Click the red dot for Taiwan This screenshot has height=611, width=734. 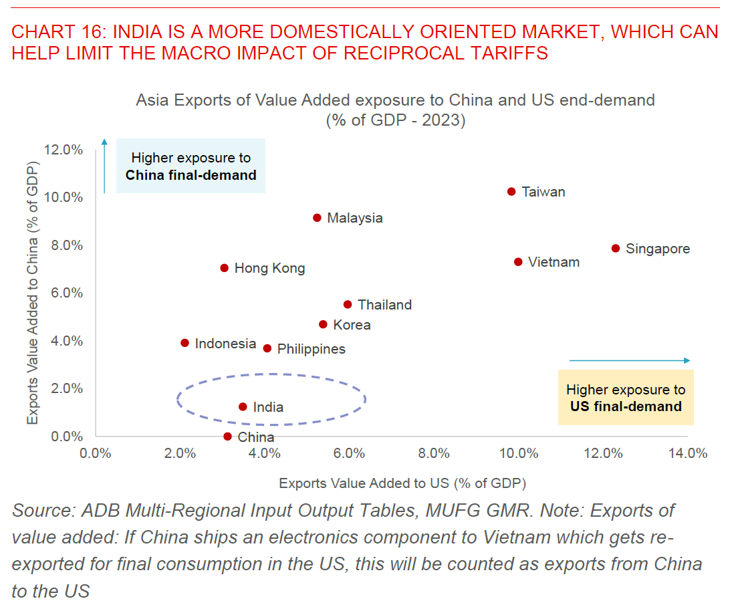(x=511, y=191)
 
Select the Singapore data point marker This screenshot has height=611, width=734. (x=616, y=248)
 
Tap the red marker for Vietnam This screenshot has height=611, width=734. (x=518, y=262)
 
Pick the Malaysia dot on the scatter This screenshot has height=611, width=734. (x=317, y=218)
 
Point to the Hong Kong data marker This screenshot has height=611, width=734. (x=224, y=268)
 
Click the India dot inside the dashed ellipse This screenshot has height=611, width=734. (x=243, y=406)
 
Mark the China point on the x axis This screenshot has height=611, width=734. (x=227, y=437)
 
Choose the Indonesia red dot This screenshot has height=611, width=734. (x=185, y=343)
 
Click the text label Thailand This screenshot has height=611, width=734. (x=384, y=305)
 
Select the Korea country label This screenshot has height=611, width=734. (x=352, y=325)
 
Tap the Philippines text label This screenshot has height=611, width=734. (x=311, y=349)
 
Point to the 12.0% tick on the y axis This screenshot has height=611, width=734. (x=64, y=150)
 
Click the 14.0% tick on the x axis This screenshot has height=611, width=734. (x=687, y=453)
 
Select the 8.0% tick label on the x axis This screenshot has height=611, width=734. (x=433, y=453)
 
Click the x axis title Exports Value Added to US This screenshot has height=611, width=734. (x=402, y=483)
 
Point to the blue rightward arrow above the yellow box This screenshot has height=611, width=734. (x=629, y=360)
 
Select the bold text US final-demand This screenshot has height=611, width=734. (x=626, y=406)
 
